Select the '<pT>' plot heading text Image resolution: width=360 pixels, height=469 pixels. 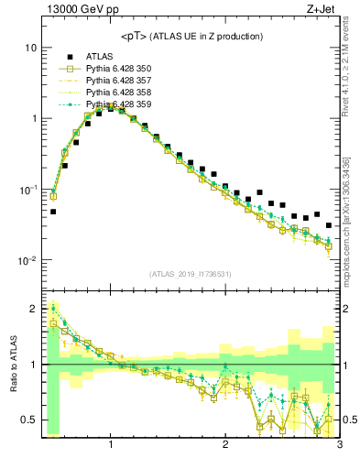191,37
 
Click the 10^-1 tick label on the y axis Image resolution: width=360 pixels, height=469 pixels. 27,190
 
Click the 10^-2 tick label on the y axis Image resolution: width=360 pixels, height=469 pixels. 27,261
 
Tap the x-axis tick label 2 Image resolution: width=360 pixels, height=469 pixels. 225,447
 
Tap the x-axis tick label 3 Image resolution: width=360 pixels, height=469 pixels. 338,447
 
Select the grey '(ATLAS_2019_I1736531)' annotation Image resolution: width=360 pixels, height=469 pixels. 190,274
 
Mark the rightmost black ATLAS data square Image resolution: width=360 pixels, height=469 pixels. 328,224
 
